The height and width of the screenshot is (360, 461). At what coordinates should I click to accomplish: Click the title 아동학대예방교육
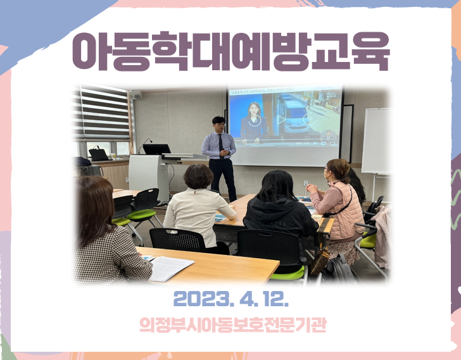pos(230,51)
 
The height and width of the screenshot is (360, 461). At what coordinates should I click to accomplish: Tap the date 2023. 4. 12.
pos(231,299)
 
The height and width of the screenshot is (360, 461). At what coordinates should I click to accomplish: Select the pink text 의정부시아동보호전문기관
pos(233,325)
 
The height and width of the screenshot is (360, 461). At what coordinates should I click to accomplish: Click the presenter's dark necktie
pos(221,146)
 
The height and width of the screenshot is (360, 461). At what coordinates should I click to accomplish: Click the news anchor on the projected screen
pos(253,123)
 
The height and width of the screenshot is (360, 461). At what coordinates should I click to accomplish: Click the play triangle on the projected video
pos(282,120)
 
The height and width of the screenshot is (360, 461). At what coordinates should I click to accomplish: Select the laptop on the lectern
pos(156,149)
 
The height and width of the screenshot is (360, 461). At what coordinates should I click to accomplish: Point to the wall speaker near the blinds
pos(136,95)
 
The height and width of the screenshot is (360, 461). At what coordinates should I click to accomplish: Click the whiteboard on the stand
pos(376,140)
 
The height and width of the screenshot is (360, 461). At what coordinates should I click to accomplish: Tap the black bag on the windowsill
pos(99,154)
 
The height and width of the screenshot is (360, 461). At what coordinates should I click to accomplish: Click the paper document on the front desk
pos(170,268)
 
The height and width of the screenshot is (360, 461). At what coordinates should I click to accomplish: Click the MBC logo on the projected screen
pos(332,94)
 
